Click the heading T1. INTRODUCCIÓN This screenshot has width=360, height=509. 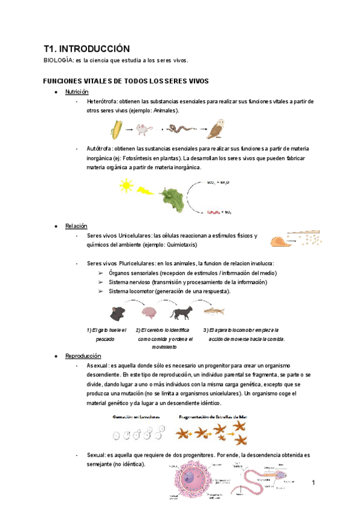coord(86,49)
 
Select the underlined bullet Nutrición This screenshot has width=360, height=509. coord(77,92)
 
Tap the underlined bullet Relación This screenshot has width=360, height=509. coord(76,226)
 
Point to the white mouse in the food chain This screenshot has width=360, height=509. coord(143,128)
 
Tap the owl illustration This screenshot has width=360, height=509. coord(214,128)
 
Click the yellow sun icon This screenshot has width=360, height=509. coord(126,185)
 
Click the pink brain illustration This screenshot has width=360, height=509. coord(149,312)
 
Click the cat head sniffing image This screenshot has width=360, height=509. coord(118,313)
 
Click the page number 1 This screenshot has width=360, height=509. coord(313,483)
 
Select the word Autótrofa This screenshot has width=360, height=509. coord(99,148)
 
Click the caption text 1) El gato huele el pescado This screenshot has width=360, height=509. coord(106,334)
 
